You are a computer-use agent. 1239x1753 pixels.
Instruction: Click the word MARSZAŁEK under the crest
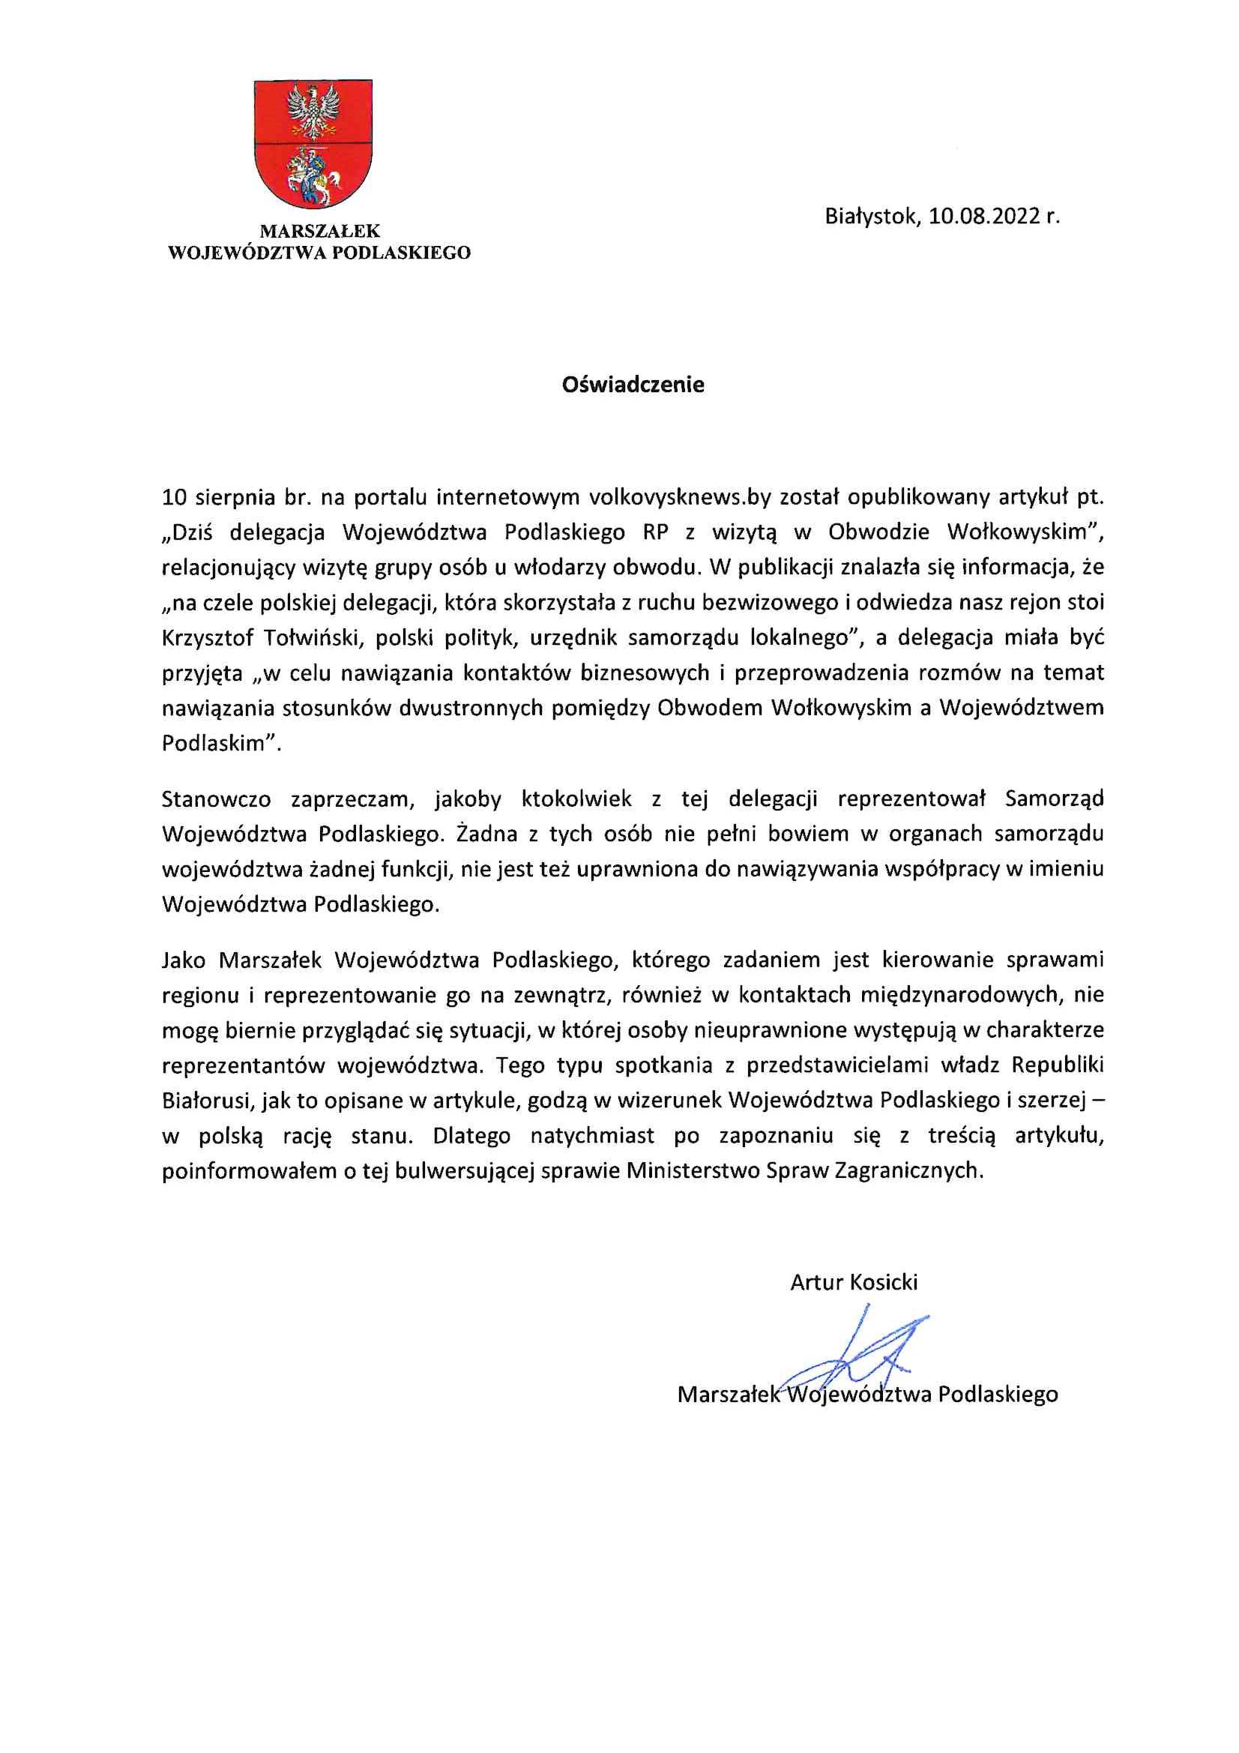[x=319, y=231]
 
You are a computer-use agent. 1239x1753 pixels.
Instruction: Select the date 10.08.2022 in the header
[x=985, y=217]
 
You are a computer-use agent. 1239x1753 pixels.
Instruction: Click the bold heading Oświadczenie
[x=633, y=385]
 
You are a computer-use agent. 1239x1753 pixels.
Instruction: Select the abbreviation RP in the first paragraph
[x=656, y=533]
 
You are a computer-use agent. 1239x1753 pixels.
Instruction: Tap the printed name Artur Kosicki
[x=854, y=1282]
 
